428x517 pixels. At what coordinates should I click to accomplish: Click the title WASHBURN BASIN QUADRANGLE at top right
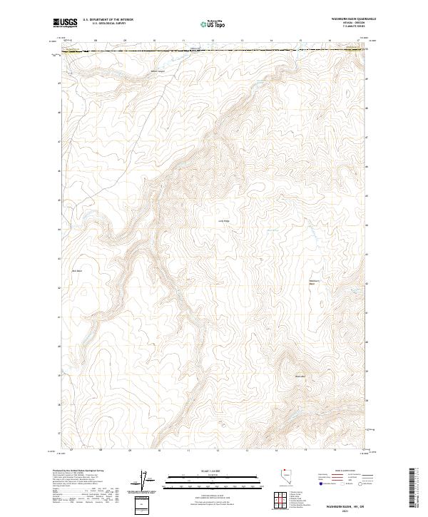pos(352,16)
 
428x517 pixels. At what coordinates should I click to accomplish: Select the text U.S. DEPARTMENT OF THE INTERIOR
pos(108,19)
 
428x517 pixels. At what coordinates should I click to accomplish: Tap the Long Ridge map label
pos(223,221)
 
